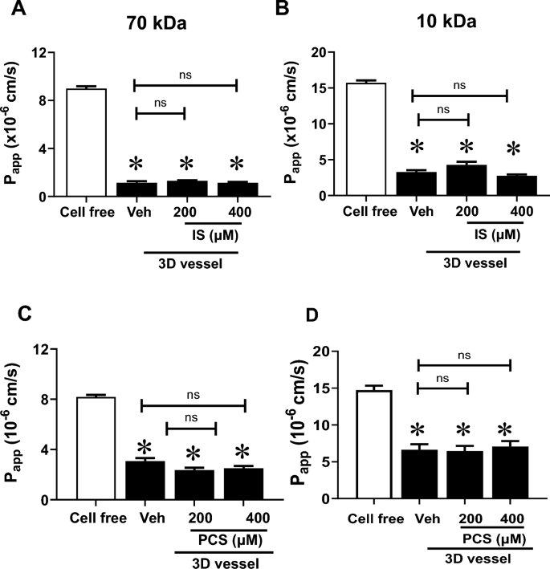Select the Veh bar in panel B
point(416,184)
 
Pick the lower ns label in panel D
point(442,375)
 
